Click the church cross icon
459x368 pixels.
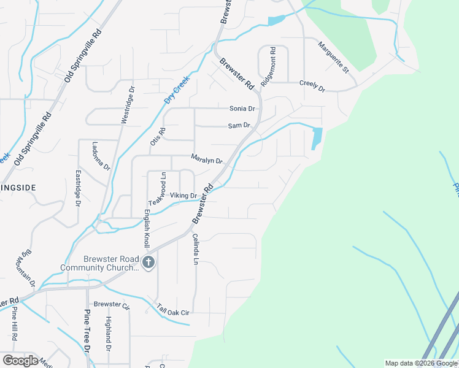pyautogui.click(x=148, y=263)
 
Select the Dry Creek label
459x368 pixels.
pyautogui.click(x=177, y=90)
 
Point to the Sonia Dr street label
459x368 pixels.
pyautogui.click(x=242, y=109)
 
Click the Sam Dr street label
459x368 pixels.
pyautogui.click(x=239, y=126)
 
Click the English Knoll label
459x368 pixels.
pyautogui.click(x=147, y=226)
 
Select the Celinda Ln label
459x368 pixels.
pyautogui.click(x=195, y=248)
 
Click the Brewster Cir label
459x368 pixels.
pyautogui.click(x=112, y=305)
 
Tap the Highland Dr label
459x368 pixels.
pyautogui.click(x=108, y=330)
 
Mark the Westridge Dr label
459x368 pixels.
pyautogui.click(x=127, y=105)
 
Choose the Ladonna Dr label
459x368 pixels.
pyautogui.click(x=99, y=156)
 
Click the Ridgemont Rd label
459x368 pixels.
pyautogui.click(x=269, y=66)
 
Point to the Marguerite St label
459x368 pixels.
pyautogui.click(x=333, y=58)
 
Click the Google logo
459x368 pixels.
pyautogui.click(x=20, y=361)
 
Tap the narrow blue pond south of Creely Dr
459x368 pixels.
pyautogui.click(x=317, y=138)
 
